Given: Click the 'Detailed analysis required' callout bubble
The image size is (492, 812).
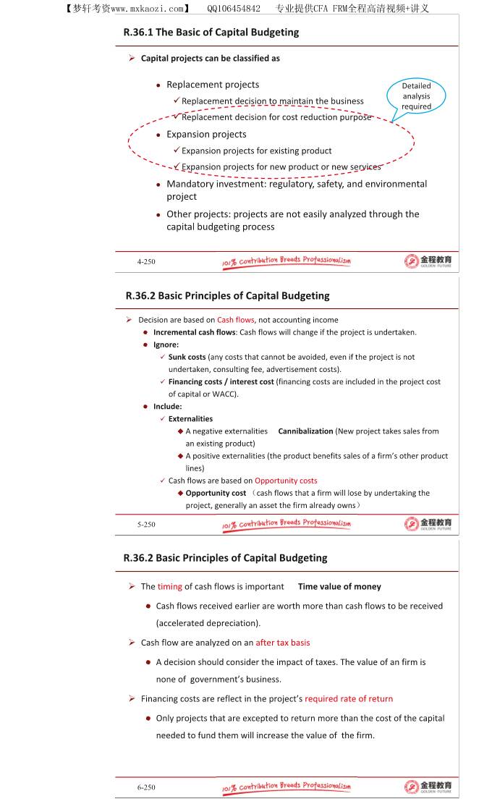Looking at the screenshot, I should coord(416,96).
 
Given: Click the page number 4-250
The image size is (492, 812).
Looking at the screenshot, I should coord(146,261).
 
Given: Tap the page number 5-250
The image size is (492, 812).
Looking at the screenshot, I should coord(146,524).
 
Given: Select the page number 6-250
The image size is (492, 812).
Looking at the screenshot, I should coord(146,787).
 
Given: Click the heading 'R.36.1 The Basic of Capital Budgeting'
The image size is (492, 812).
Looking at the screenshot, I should coord(211,33).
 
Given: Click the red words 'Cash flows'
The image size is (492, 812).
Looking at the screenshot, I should coord(236,320).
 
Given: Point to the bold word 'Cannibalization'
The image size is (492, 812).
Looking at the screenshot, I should coord(305,431).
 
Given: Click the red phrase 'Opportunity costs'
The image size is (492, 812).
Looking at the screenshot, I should coord(286,481).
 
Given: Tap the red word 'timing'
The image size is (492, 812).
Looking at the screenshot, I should coord(170,587).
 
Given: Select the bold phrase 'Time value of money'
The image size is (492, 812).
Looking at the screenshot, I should coord(339,587).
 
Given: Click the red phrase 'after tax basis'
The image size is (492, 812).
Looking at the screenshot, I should coord(283,643).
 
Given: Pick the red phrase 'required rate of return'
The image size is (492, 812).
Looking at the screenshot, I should coord(349,699).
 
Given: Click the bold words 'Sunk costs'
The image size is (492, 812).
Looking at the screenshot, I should coord(187,357).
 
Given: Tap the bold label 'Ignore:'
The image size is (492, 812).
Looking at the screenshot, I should coord(166,344).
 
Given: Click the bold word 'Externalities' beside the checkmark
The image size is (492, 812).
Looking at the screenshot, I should coord(190,419).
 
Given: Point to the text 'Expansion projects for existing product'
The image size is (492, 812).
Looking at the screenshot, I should coord(256,151).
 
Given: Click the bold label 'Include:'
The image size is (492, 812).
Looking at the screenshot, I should coord(167,407).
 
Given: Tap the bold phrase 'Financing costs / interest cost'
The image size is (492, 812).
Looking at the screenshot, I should coord(221,382).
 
